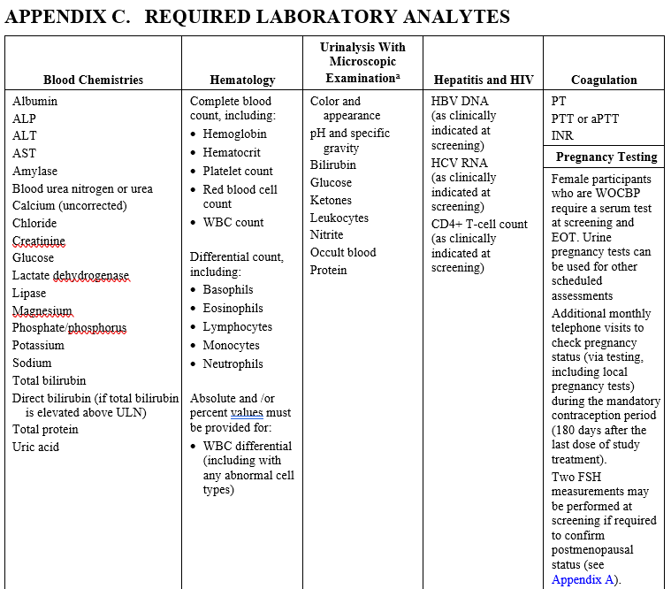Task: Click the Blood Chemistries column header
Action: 93,80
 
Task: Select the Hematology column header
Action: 242,80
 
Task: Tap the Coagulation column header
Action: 604,80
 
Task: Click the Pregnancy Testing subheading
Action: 606,157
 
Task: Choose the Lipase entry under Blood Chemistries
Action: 29,293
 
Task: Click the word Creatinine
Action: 39,241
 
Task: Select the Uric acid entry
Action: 35,447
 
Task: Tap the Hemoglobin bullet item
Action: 234,134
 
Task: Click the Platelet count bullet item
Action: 238,171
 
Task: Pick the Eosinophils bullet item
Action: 233,309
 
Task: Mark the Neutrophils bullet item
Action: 233,363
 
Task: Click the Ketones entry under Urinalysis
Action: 331,200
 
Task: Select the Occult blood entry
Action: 342,252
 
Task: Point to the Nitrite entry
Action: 326,234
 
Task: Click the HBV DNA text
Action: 460,101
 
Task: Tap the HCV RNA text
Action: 460,163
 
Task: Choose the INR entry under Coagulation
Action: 562,135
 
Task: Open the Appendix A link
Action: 582,579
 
